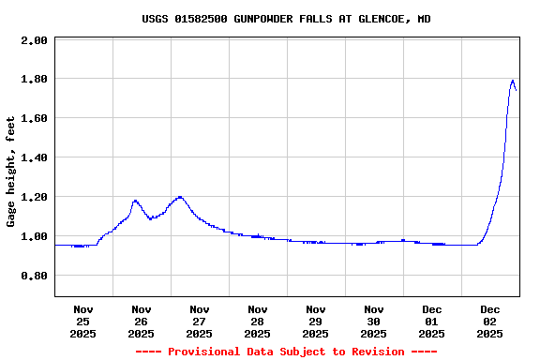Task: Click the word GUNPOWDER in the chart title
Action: click(x=263, y=19)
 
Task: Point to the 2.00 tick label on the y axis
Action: click(x=34, y=40)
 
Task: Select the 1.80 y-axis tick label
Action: click(x=34, y=80)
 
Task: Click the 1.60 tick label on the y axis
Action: click(x=34, y=119)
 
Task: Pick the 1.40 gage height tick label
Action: click(x=34, y=158)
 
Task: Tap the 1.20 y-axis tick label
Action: click(x=34, y=198)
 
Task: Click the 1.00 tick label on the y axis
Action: click(x=34, y=237)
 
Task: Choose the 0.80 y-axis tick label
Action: click(x=34, y=277)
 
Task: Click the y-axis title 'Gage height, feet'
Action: click(x=11, y=172)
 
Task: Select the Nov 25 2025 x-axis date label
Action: click(x=83, y=321)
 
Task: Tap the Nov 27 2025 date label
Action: click(x=200, y=321)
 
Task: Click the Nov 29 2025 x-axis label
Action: click(x=316, y=321)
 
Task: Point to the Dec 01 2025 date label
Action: click(x=432, y=321)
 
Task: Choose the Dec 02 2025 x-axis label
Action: click(x=490, y=321)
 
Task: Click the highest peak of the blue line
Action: click(x=513, y=81)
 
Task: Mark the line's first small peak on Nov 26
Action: click(x=135, y=200)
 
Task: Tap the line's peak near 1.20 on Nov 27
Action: click(x=179, y=197)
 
